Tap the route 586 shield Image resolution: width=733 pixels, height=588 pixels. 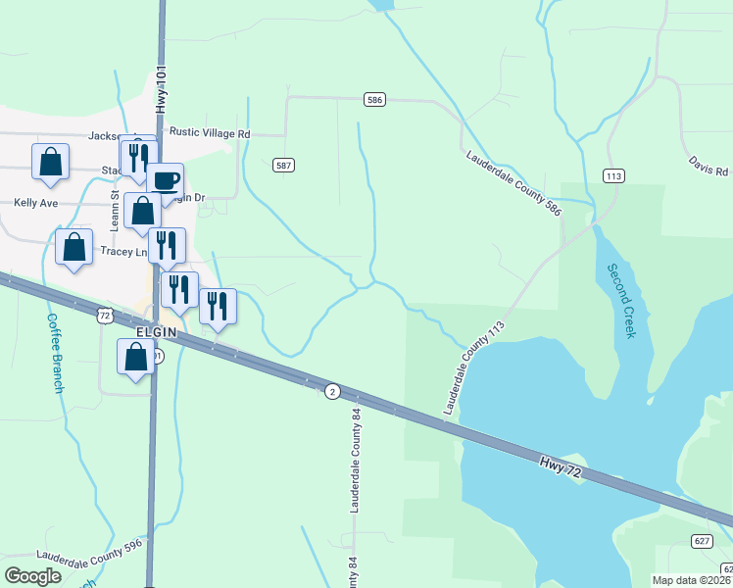click(x=373, y=99)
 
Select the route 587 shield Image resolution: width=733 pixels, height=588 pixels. click(x=283, y=166)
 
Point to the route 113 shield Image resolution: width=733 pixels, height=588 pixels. click(x=613, y=175)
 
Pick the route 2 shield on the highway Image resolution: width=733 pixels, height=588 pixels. click(x=332, y=392)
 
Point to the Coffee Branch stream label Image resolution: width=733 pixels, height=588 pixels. click(x=55, y=353)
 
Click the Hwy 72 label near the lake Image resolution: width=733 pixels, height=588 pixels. click(x=565, y=467)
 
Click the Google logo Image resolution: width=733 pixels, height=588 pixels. click(x=33, y=575)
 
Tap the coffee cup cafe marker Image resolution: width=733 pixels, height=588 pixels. click(x=166, y=180)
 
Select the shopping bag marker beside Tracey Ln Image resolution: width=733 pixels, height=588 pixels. click(x=74, y=248)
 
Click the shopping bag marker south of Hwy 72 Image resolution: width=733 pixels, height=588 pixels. click(x=136, y=357)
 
